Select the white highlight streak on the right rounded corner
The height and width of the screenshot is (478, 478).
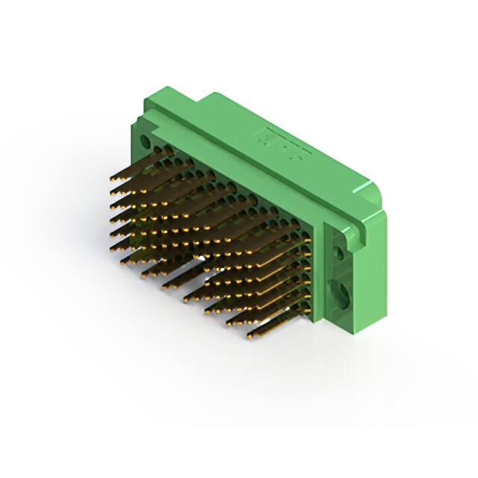pos(373,198)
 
